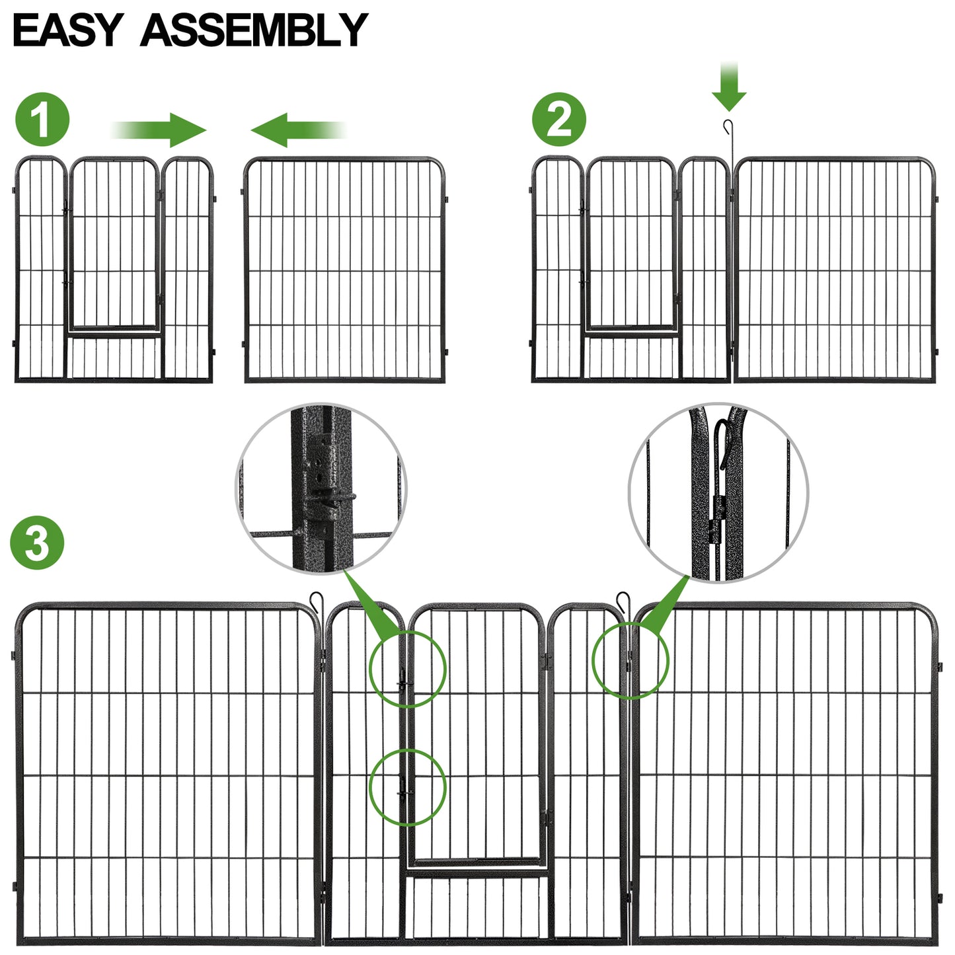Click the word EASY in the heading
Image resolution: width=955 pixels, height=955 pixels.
[67, 30]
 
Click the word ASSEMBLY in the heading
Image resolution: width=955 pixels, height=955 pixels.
[254, 30]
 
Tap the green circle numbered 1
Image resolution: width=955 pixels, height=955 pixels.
[42, 120]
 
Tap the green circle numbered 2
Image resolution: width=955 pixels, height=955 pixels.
[559, 120]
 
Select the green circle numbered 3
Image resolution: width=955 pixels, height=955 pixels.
[37, 543]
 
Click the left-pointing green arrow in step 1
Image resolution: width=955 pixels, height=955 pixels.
[297, 130]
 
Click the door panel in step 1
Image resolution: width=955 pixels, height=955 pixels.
[114, 270]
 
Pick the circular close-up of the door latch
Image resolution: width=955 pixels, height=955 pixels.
[321, 488]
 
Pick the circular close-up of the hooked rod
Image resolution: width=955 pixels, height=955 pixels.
[718, 493]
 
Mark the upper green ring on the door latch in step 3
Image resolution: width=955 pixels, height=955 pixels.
[407, 668]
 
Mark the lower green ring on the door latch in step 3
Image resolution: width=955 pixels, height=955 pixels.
[407, 787]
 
